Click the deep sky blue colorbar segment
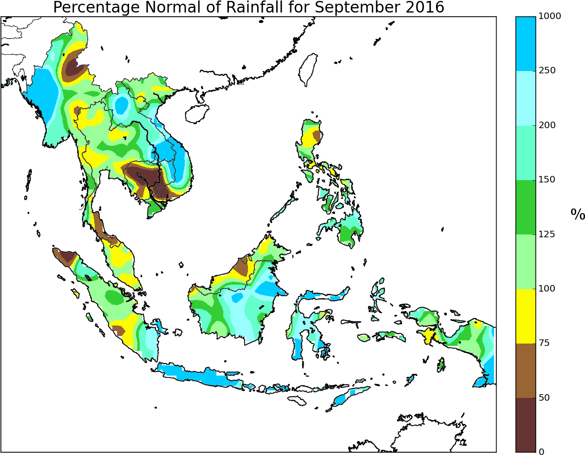tap(526, 44)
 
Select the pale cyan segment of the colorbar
tap(526, 98)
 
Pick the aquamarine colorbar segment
tap(526, 153)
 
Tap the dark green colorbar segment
tap(526, 207)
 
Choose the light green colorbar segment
tap(526, 261)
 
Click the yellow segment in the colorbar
tap(526, 316)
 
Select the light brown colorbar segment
tap(526, 370)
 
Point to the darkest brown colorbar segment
tap(526, 424)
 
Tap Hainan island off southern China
tap(197, 114)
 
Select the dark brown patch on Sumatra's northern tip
tap(68, 257)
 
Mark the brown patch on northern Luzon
tap(317, 136)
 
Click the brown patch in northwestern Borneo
tap(241, 268)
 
